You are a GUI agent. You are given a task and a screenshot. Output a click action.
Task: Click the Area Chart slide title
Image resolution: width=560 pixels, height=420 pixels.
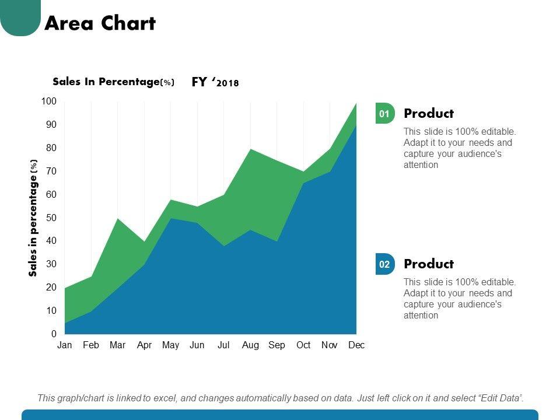pos(100,23)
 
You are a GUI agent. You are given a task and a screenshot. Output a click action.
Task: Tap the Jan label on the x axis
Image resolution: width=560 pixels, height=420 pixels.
pos(65,345)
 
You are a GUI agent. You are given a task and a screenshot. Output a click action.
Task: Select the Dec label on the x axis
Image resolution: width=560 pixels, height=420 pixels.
pos(356,345)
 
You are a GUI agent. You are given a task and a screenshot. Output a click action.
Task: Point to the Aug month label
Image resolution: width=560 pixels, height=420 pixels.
pos(250,345)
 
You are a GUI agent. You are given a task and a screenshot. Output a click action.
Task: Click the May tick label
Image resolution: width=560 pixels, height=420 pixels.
pos(170,345)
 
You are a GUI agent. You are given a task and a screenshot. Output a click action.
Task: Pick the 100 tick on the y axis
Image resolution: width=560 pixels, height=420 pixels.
pos(49,101)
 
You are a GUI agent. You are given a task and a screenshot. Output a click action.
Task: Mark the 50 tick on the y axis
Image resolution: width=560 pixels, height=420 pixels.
pos(51,218)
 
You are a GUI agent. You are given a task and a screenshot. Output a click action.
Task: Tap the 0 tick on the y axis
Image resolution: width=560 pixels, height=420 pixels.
pos(54,334)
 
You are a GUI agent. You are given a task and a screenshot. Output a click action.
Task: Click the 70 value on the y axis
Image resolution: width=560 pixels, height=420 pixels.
pos(51,171)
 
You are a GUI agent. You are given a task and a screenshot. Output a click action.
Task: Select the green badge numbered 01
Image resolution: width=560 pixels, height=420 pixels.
pos(384,114)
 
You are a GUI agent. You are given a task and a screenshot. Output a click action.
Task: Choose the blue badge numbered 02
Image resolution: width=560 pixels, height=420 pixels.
pos(384,264)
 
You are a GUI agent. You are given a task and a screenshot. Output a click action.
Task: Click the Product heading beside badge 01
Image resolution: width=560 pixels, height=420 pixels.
pos(428,114)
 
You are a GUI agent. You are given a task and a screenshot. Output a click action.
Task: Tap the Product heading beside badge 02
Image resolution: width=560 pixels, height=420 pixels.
pos(428,264)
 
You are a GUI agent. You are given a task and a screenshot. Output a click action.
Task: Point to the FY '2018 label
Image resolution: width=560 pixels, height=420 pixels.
pos(215,82)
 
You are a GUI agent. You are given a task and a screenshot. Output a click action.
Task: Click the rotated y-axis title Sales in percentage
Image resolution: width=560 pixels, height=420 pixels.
pos(33,218)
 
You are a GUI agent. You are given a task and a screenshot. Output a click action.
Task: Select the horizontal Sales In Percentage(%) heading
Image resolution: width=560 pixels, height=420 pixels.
pos(113,82)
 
